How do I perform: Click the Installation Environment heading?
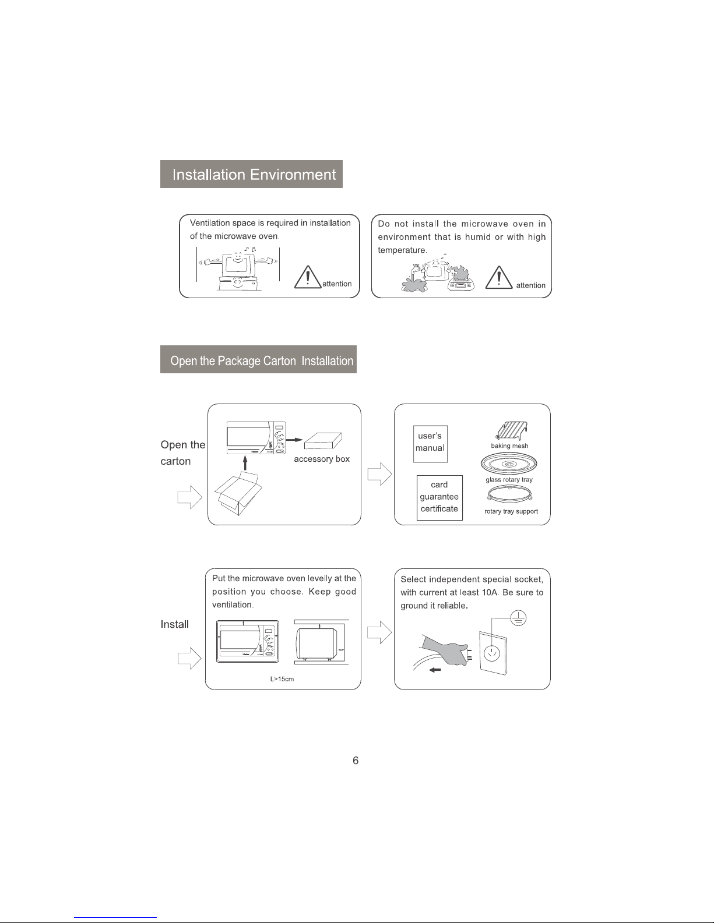pos(254,175)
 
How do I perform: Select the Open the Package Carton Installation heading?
pos(262,360)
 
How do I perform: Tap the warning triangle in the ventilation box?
pos(307,277)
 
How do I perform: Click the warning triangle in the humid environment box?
pos(498,278)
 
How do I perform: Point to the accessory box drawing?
pos(323,440)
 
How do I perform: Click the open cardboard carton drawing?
pos(238,494)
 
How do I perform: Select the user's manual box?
pos(430,444)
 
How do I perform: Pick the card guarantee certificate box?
pos(439,497)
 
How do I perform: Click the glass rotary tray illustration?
pos(509,464)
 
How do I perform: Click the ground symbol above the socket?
pos(518,618)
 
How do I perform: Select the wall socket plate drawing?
pos(493,653)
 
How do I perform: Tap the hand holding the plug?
pos(446,650)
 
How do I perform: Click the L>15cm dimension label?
pos(282,679)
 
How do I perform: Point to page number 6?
pos(356,761)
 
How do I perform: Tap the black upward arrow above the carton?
pos(245,463)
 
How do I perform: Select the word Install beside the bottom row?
pos(174,624)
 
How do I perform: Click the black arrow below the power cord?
pos(435,670)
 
